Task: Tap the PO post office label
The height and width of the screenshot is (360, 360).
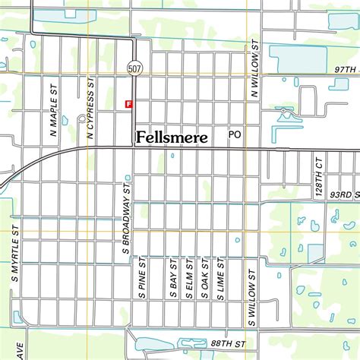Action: [235, 134]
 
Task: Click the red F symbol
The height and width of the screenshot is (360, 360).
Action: [128, 103]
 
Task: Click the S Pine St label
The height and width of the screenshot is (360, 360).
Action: [142, 278]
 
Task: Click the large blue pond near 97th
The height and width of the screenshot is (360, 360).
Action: [297, 56]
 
